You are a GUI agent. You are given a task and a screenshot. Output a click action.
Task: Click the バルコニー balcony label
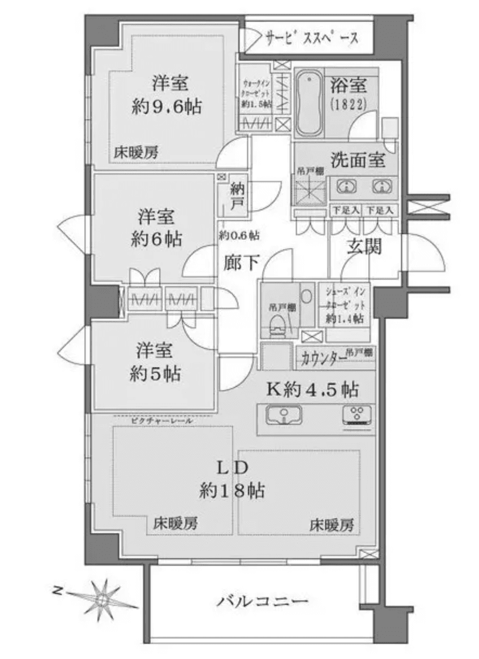point(264,601)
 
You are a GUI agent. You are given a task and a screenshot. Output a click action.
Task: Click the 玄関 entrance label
point(364,247)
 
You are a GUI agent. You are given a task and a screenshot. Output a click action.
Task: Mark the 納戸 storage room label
point(236,197)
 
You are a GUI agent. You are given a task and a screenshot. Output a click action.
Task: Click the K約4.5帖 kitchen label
point(312,389)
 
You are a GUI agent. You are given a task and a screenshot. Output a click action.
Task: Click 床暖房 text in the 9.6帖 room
point(136,153)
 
